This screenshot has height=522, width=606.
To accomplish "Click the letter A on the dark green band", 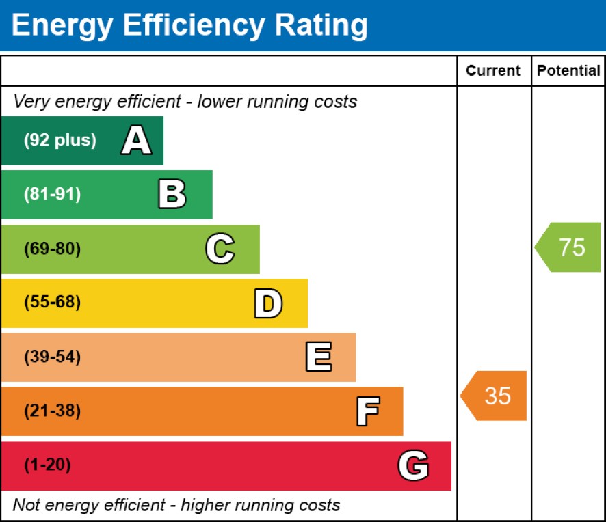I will [x=137, y=141].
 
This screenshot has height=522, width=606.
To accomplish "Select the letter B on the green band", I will [x=172, y=195].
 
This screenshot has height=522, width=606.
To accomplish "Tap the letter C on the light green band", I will [x=220, y=249].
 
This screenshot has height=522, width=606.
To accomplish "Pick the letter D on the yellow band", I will [x=268, y=303].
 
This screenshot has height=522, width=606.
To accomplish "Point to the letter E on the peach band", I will [x=318, y=357].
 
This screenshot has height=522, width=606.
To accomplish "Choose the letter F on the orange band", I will [x=367, y=411].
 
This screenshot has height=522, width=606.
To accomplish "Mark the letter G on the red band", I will [x=413, y=466].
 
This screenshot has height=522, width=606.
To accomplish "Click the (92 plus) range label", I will [x=60, y=141].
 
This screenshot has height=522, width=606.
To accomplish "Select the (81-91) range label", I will [x=52, y=195].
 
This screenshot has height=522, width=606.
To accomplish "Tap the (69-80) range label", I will [x=52, y=249].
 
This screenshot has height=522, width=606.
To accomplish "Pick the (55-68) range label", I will [x=52, y=303].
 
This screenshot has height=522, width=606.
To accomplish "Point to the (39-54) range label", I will [x=52, y=357].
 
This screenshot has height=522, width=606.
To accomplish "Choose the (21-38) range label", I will [x=52, y=411].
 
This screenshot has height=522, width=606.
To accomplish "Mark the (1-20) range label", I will [x=47, y=466].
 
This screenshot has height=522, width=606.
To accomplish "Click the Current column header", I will [x=493, y=70].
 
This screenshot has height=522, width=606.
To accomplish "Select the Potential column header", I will [x=568, y=70].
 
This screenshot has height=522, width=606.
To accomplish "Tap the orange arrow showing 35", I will [x=495, y=396].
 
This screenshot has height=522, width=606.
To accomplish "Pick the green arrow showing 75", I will [x=569, y=247].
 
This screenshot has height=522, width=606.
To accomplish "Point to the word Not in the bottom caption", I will [x=25, y=506].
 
